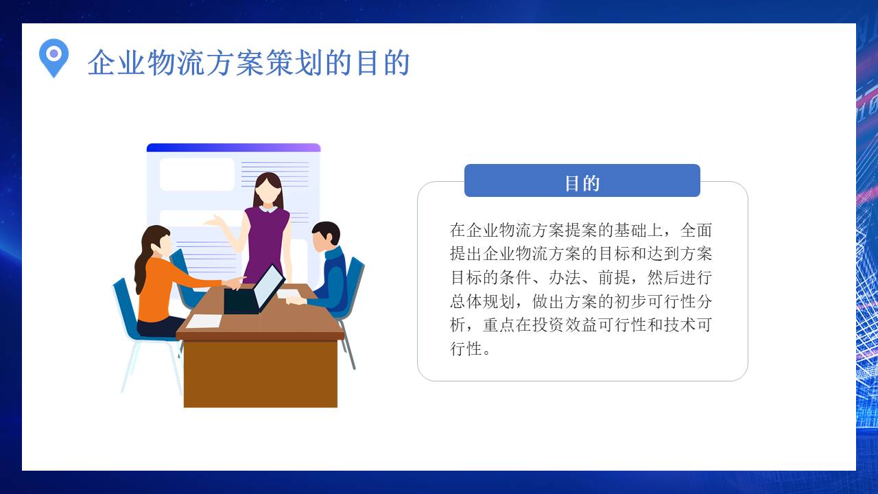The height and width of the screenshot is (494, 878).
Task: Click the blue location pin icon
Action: [x=54, y=57]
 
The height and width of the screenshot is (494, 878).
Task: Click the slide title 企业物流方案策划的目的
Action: [x=248, y=63]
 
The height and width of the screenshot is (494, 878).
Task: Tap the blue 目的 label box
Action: [x=582, y=181]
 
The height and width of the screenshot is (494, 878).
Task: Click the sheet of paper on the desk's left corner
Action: [x=204, y=320]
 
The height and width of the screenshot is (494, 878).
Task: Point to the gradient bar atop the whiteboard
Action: [x=233, y=148]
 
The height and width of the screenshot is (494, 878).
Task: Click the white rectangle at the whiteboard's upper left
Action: [x=197, y=174]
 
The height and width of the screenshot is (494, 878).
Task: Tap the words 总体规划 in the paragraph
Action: [x=484, y=302]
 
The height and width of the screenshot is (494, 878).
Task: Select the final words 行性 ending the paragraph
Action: [x=466, y=349]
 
